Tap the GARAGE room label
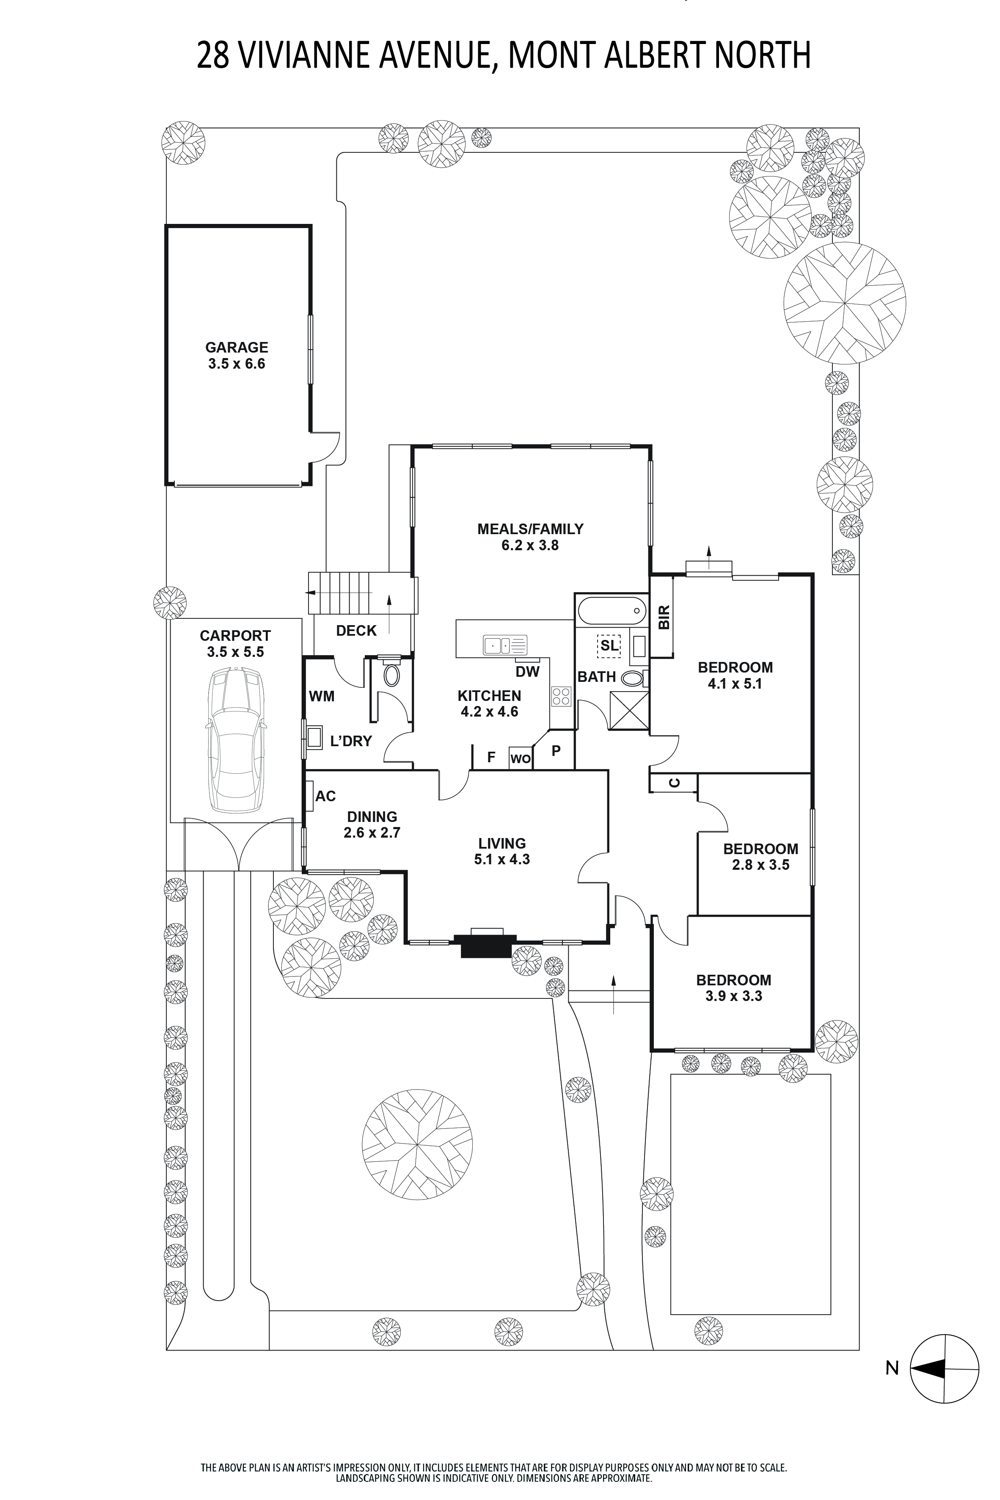pyautogui.click(x=237, y=347)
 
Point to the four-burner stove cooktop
pyautogui.click(x=561, y=696)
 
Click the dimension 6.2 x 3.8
pyautogui.click(x=530, y=545)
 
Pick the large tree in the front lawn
pyautogui.click(x=417, y=1142)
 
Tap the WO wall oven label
pyautogui.click(x=521, y=759)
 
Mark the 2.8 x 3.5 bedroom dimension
pyautogui.click(x=761, y=865)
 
